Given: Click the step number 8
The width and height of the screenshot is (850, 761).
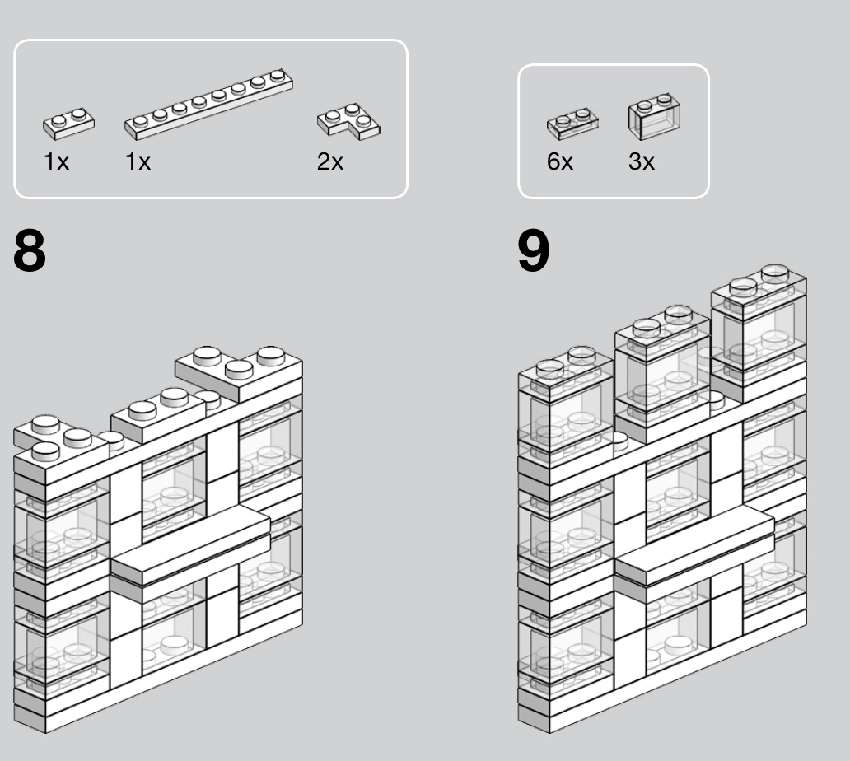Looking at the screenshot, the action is (x=30, y=250).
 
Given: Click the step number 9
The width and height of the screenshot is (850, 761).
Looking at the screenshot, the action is (x=534, y=250).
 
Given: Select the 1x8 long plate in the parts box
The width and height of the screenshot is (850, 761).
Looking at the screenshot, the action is (x=208, y=104).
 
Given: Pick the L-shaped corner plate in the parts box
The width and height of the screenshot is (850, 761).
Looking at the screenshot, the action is (x=348, y=121).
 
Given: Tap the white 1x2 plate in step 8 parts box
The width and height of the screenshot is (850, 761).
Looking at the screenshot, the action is (x=68, y=124).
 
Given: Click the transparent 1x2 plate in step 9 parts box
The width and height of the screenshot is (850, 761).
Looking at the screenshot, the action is (x=572, y=124).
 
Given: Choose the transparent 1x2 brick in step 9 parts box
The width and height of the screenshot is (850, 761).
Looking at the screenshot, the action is (x=654, y=117).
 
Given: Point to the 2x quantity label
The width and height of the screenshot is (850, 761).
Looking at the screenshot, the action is (x=329, y=161).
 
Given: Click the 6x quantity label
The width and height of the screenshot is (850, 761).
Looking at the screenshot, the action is (x=559, y=161).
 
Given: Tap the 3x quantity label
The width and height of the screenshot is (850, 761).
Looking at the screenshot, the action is (x=642, y=161).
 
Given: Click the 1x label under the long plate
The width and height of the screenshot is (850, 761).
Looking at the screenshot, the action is (x=138, y=161).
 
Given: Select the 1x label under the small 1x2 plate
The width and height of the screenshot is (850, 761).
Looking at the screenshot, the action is (x=56, y=161).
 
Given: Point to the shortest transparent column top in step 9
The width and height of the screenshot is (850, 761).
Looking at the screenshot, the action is (x=566, y=370).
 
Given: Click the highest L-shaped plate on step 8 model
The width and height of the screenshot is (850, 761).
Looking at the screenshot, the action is (x=239, y=374).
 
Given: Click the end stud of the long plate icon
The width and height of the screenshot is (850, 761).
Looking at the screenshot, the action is (x=278, y=75).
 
